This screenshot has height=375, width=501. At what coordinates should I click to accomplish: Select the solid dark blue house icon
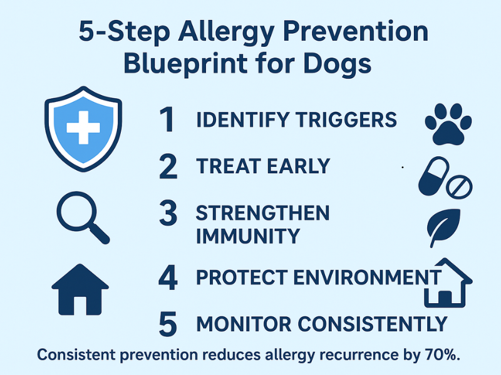80,289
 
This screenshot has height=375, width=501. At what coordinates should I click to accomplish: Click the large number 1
166,119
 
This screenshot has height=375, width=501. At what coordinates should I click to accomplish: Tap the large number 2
167,166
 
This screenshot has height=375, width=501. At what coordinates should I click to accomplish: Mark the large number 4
167,277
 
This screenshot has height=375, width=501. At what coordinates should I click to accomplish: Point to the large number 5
167,324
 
